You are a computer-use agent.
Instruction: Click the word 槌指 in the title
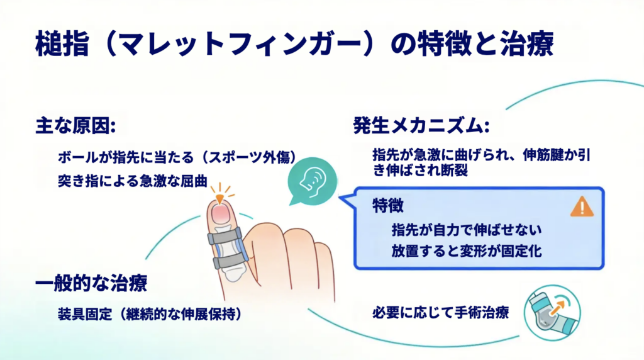pyautogui.click(x=62, y=43)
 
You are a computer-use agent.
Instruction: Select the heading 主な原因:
pyautogui.click(x=75, y=126)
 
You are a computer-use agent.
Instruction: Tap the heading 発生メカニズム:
pyautogui.click(x=421, y=126)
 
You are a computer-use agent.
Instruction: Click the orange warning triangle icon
pyautogui.click(x=582, y=206)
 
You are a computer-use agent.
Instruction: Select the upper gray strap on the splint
pyautogui.click(x=225, y=236)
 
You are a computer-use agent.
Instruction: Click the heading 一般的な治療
pyautogui.click(x=91, y=284)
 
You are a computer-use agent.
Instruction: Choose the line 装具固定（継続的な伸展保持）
pyautogui.click(x=150, y=315)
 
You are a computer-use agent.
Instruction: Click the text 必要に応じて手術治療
pyautogui.click(x=441, y=313)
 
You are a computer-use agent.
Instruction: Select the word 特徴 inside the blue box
pyautogui.click(x=387, y=205)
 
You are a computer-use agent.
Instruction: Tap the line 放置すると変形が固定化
pyautogui.click(x=467, y=251)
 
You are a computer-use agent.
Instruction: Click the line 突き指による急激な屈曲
pyautogui.click(x=133, y=181)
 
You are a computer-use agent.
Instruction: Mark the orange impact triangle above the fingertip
pyautogui.click(x=219, y=200)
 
